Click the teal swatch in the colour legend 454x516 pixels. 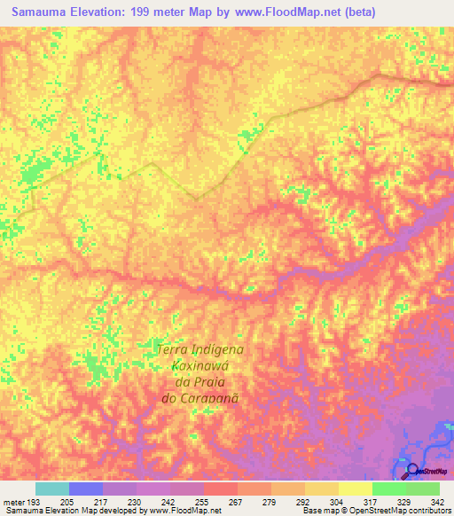(x=52, y=489)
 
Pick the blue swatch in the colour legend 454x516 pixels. (x=86, y=489)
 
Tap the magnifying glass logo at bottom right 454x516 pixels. (x=411, y=470)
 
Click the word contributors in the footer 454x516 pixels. (x=429, y=511)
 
